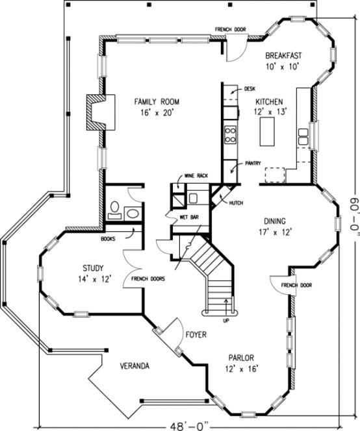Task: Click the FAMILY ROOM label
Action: (157, 102)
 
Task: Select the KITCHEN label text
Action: (269, 103)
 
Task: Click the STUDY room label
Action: (94, 268)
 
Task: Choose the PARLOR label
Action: (240, 358)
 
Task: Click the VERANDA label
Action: (135, 366)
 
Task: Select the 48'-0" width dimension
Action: (186, 425)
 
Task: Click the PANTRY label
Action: (253, 164)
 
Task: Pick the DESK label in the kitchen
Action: (250, 88)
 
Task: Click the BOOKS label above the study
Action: (109, 238)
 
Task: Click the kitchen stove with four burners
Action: (229, 134)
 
